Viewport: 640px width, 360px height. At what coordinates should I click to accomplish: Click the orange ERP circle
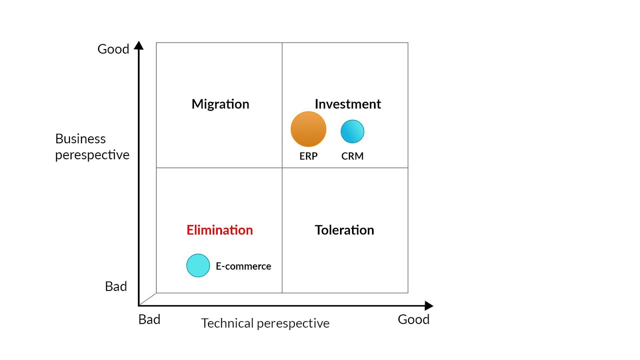tap(308, 129)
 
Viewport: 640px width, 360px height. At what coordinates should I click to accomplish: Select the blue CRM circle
tap(352, 132)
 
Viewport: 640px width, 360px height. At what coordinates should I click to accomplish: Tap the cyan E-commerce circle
tap(198, 266)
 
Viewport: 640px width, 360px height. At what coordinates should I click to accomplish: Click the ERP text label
tap(308, 156)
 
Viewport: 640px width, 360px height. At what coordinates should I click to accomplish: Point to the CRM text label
tap(352, 156)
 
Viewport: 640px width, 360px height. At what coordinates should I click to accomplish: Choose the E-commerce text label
tap(244, 266)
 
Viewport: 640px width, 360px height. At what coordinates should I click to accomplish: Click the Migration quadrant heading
tap(220, 104)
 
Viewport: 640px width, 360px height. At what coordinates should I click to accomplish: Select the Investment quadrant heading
tap(348, 104)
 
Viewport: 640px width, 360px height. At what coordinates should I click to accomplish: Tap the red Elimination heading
tap(220, 230)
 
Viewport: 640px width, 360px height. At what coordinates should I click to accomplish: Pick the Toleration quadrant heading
tap(344, 230)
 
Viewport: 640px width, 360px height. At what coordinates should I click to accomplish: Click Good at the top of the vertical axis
tap(113, 49)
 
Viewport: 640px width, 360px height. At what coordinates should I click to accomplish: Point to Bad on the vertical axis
tap(116, 286)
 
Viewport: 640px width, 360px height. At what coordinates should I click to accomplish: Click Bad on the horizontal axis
tap(149, 320)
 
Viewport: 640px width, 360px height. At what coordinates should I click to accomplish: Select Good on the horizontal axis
tap(414, 320)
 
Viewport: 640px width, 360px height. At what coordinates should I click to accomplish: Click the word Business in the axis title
tap(80, 139)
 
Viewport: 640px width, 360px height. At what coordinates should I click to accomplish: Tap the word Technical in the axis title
tap(228, 324)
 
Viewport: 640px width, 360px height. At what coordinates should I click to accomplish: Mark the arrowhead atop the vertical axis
tap(139, 45)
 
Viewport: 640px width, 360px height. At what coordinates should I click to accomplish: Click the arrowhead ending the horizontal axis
tap(429, 306)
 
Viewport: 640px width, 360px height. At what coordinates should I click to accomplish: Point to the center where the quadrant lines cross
tap(282, 168)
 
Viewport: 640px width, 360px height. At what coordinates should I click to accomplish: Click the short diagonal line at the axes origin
tap(148, 299)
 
